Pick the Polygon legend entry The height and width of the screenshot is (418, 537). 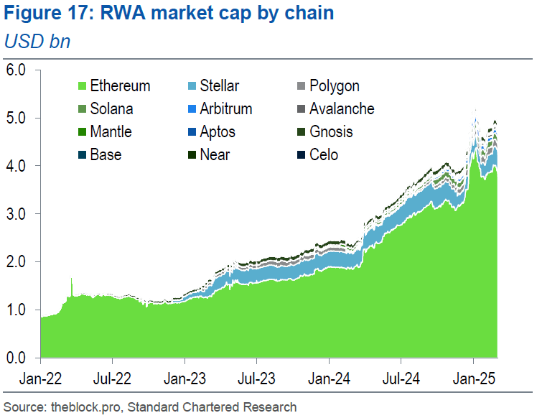tap(334, 86)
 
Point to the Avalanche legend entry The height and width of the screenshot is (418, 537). tap(342, 109)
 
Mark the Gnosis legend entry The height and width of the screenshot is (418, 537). tap(331, 132)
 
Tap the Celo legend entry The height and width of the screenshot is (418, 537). tap(324, 155)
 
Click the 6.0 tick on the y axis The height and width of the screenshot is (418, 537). tap(16, 70)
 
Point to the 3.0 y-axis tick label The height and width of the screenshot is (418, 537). tap(16, 214)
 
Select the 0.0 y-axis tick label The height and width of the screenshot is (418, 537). tap(16, 358)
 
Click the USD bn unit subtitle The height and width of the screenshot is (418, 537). tap(37, 42)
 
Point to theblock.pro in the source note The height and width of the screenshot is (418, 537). tap(83, 407)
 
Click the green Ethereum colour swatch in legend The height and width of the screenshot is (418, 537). tap(82, 86)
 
